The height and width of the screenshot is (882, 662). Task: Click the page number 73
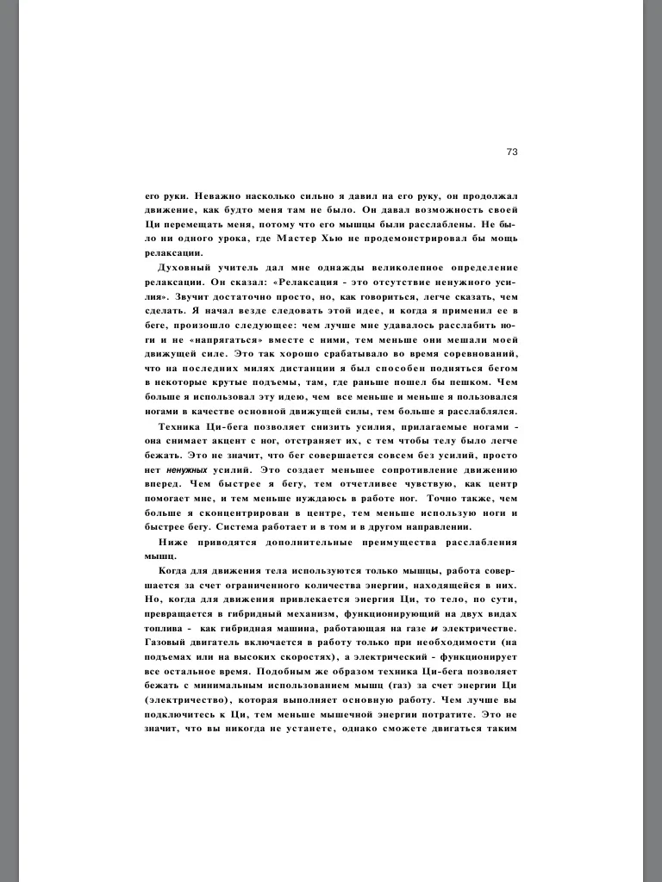(511, 152)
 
